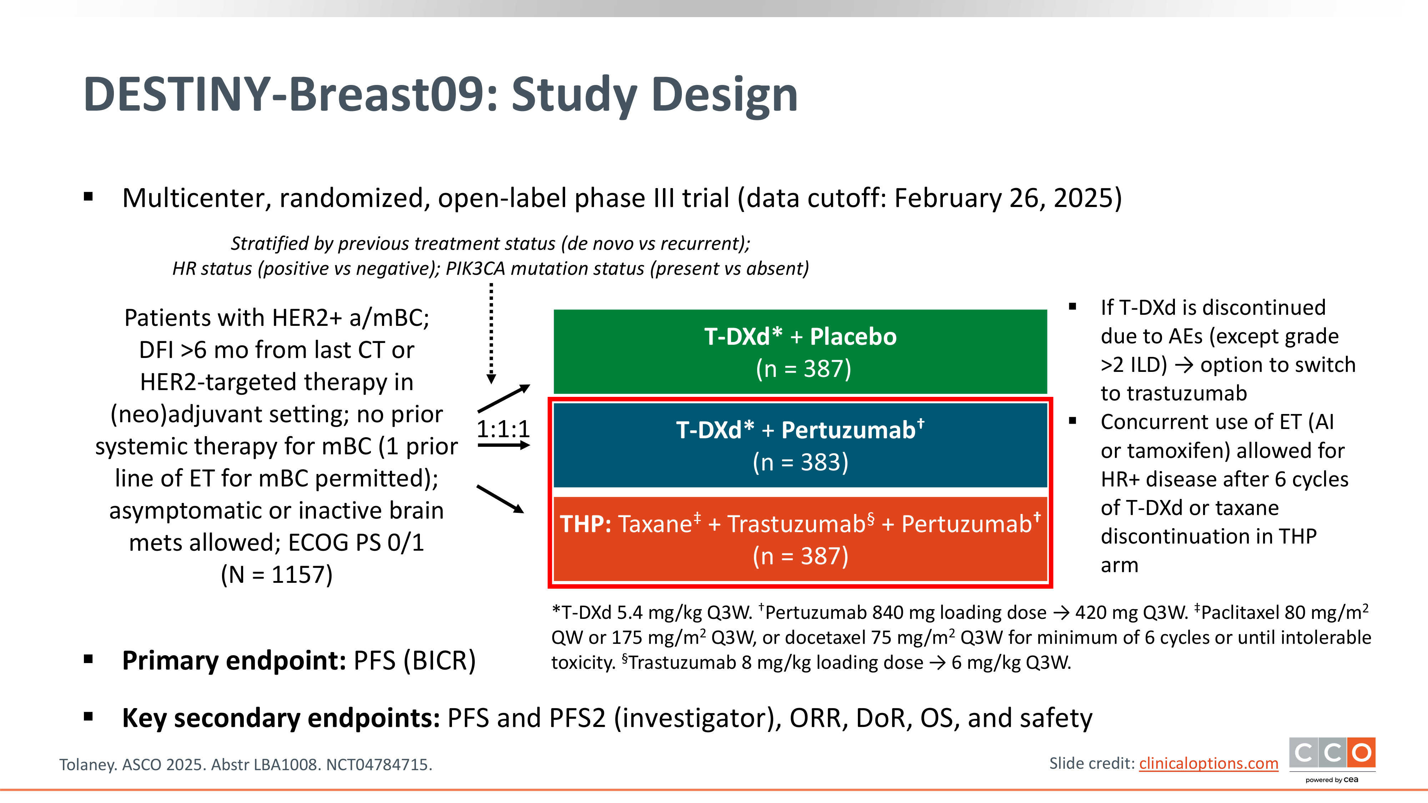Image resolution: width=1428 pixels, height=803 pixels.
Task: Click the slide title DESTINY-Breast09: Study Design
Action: coord(440,95)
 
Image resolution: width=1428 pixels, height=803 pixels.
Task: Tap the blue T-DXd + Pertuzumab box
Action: coord(800,445)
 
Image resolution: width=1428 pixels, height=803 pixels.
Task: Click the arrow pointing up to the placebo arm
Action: coord(504,398)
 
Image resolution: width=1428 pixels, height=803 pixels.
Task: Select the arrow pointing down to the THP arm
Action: coord(501,499)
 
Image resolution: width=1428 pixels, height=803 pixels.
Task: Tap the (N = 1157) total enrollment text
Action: coord(277,575)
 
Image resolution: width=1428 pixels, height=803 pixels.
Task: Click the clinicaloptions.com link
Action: coord(1208,764)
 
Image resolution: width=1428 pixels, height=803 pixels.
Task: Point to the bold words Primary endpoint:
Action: coord(234,661)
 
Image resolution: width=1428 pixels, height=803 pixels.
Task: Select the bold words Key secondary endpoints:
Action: coord(281,718)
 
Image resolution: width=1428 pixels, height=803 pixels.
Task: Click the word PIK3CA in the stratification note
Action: coord(476,269)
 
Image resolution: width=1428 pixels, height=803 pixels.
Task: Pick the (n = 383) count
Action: coord(800,462)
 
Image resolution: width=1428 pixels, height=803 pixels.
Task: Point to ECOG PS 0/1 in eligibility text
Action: coord(356,542)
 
